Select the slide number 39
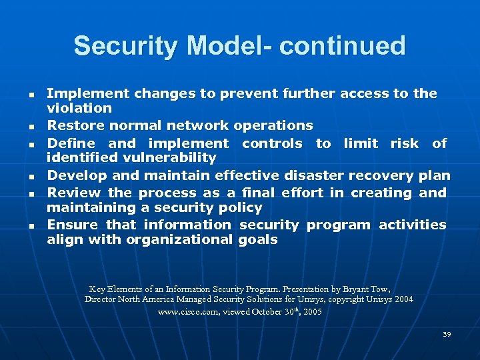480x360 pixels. click(x=447, y=334)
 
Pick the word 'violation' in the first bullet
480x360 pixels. click(x=79, y=108)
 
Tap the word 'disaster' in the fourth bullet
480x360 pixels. click(x=313, y=175)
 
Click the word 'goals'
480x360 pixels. click(x=257, y=240)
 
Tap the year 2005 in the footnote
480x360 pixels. click(x=312, y=312)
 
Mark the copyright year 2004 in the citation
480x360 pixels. click(x=403, y=300)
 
